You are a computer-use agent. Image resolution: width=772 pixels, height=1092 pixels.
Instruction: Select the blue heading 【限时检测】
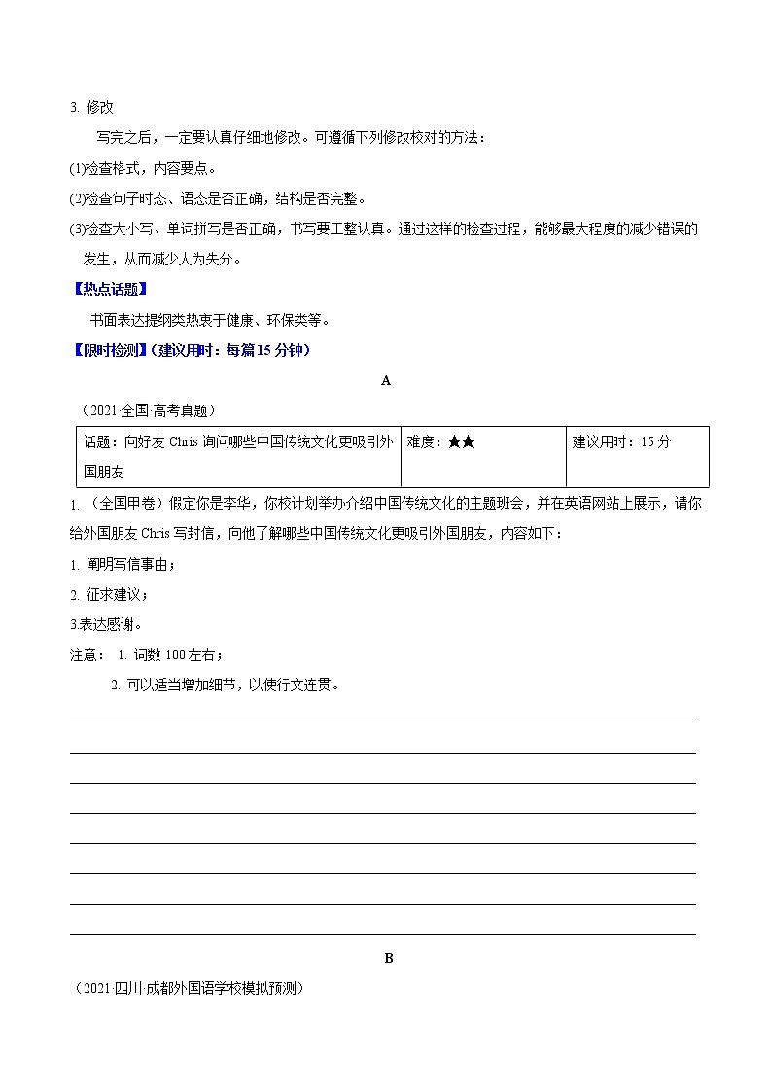click(x=110, y=350)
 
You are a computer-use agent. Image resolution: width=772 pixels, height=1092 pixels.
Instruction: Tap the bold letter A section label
click(x=386, y=381)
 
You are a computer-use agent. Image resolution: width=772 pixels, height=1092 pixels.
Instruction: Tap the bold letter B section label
click(x=388, y=958)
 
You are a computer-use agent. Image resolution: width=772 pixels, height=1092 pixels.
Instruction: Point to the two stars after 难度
click(x=462, y=442)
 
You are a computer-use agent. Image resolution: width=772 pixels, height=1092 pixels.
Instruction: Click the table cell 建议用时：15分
click(x=622, y=442)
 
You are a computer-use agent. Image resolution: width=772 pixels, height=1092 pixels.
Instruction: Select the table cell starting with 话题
click(x=238, y=456)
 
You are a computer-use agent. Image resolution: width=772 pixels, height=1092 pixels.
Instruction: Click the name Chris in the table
click(x=183, y=442)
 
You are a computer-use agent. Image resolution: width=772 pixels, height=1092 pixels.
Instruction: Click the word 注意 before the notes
click(x=84, y=655)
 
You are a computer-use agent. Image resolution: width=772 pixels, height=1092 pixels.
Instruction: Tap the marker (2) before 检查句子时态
click(x=77, y=199)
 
